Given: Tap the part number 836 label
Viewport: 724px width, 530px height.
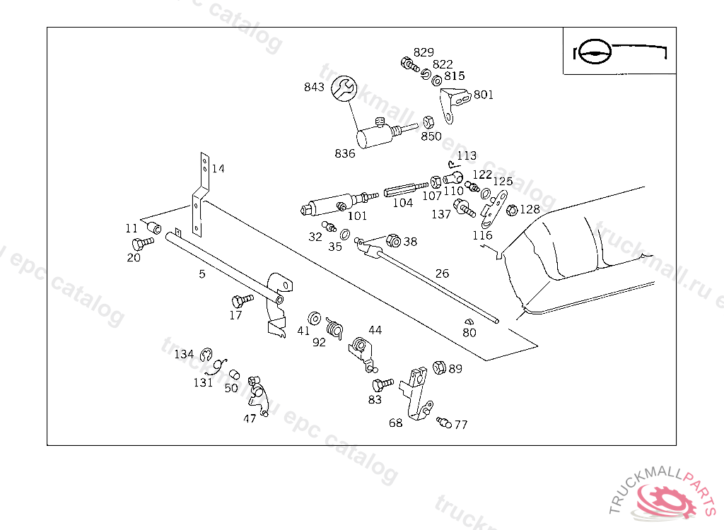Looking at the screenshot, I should click(x=345, y=153).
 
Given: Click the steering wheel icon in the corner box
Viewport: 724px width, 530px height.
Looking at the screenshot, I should click(x=592, y=51).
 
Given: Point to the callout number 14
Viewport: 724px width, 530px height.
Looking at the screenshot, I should click(x=218, y=169).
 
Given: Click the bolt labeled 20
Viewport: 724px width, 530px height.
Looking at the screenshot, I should click(x=142, y=243).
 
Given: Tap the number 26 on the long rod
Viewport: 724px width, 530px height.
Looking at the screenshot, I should click(x=442, y=273).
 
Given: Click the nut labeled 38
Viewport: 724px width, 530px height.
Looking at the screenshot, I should click(x=394, y=241).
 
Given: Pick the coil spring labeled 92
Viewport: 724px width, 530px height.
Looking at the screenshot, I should click(x=334, y=327).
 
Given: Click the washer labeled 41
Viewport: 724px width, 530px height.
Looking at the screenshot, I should click(x=315, y=317).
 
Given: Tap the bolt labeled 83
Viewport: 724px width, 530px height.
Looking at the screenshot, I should click(x=382, y=384).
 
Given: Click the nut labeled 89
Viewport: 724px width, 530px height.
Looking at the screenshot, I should click(x=438, y=367).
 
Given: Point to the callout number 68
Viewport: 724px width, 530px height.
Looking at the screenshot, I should click(x=396, y=423).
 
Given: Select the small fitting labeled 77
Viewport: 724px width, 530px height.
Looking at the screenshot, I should click(x=443, y=422).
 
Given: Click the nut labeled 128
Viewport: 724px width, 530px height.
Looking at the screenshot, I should click(x=513, y=209).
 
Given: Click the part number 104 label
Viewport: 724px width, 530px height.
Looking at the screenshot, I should click(x=403, y=203).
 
